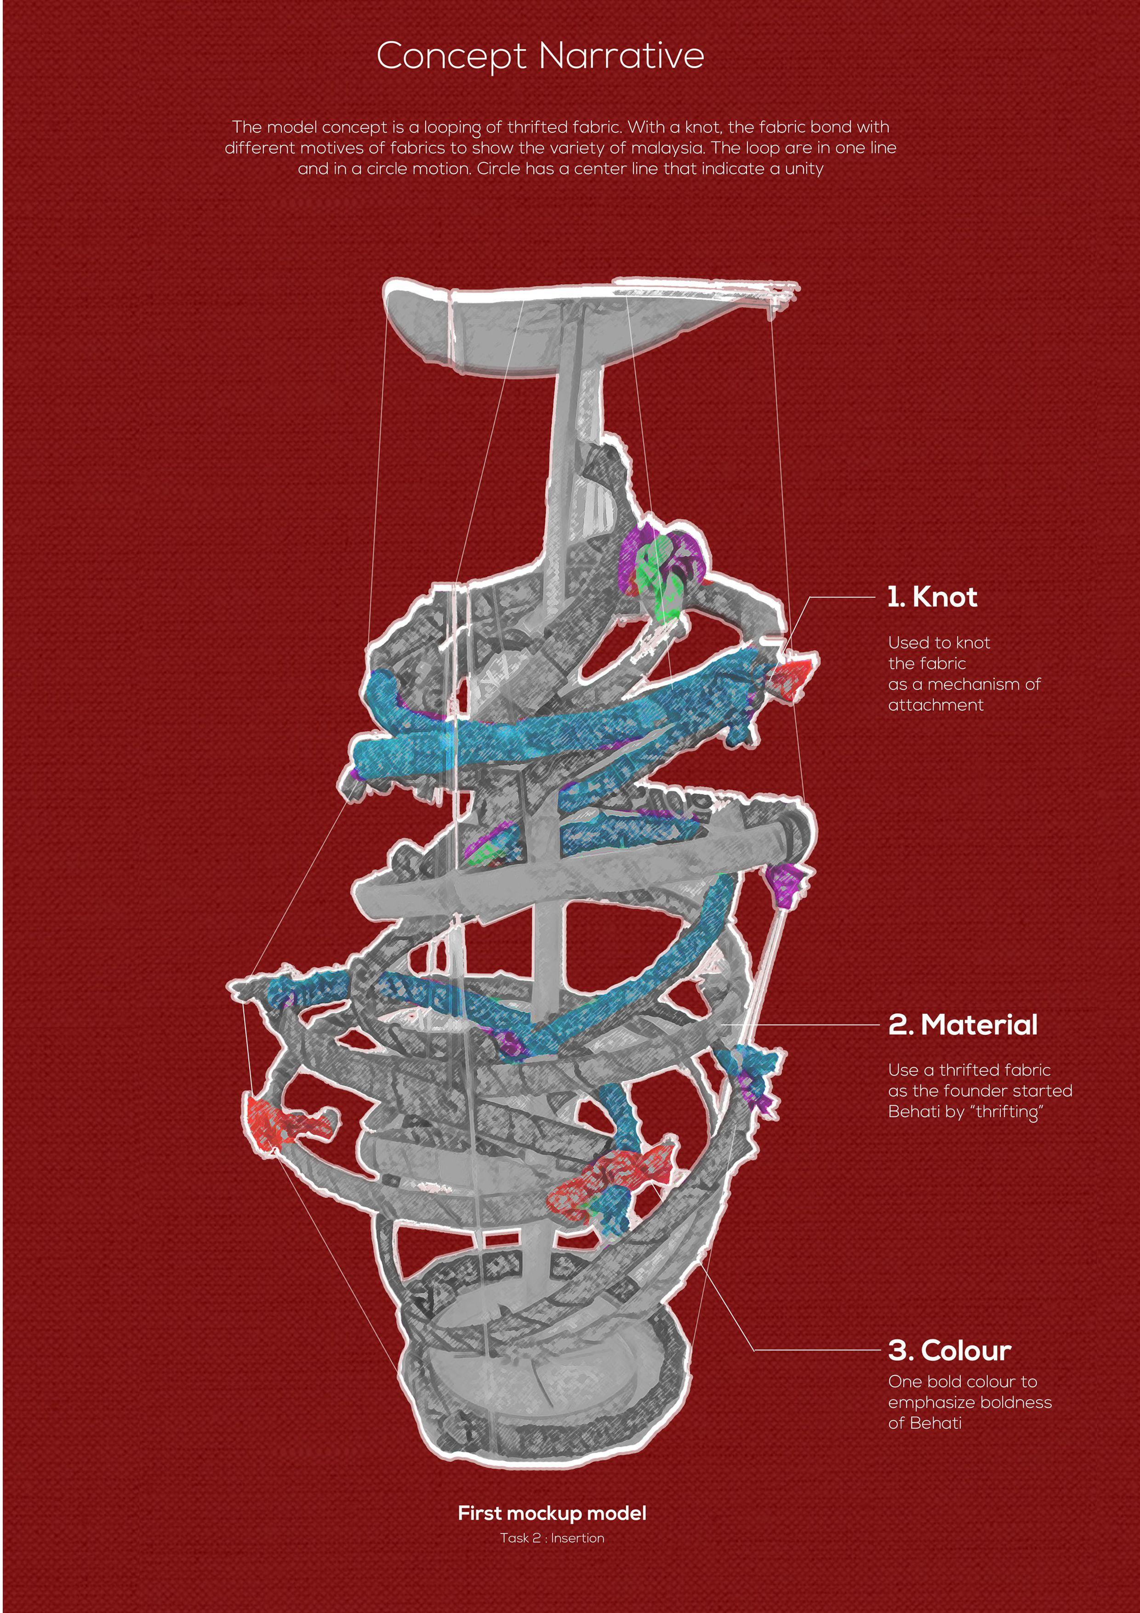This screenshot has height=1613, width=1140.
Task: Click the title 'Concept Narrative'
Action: pos(540,56)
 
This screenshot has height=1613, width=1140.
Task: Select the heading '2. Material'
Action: pos(962,1025)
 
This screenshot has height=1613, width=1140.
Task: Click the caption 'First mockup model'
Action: pos(552,1513)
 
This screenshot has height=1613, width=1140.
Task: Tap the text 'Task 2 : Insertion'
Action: pos(552,1538)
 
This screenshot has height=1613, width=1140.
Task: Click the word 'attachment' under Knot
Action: pos(935,705)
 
